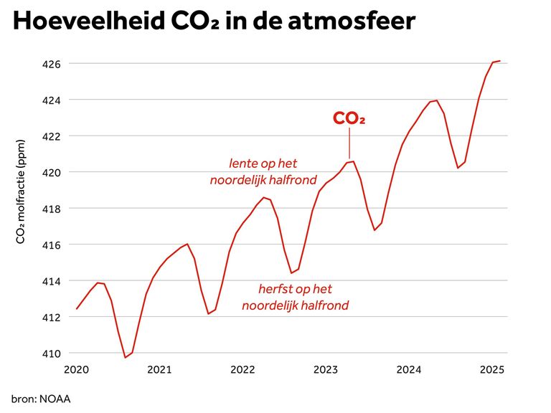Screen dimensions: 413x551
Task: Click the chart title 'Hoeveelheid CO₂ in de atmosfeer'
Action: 214,22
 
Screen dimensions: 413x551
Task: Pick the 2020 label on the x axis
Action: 76,370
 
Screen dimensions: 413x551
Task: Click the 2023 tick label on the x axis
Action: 326,370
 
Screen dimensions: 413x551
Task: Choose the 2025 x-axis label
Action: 491,370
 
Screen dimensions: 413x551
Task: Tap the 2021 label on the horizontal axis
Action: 159,370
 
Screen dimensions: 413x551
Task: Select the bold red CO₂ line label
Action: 349,119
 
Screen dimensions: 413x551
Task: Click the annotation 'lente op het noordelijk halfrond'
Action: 263,171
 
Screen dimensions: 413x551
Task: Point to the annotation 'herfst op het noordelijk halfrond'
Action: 295,298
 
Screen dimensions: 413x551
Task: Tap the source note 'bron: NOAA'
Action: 41,398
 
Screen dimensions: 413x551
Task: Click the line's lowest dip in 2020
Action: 126,357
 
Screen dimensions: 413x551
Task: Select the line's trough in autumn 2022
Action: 291,272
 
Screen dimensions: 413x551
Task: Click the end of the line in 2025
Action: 499,61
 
